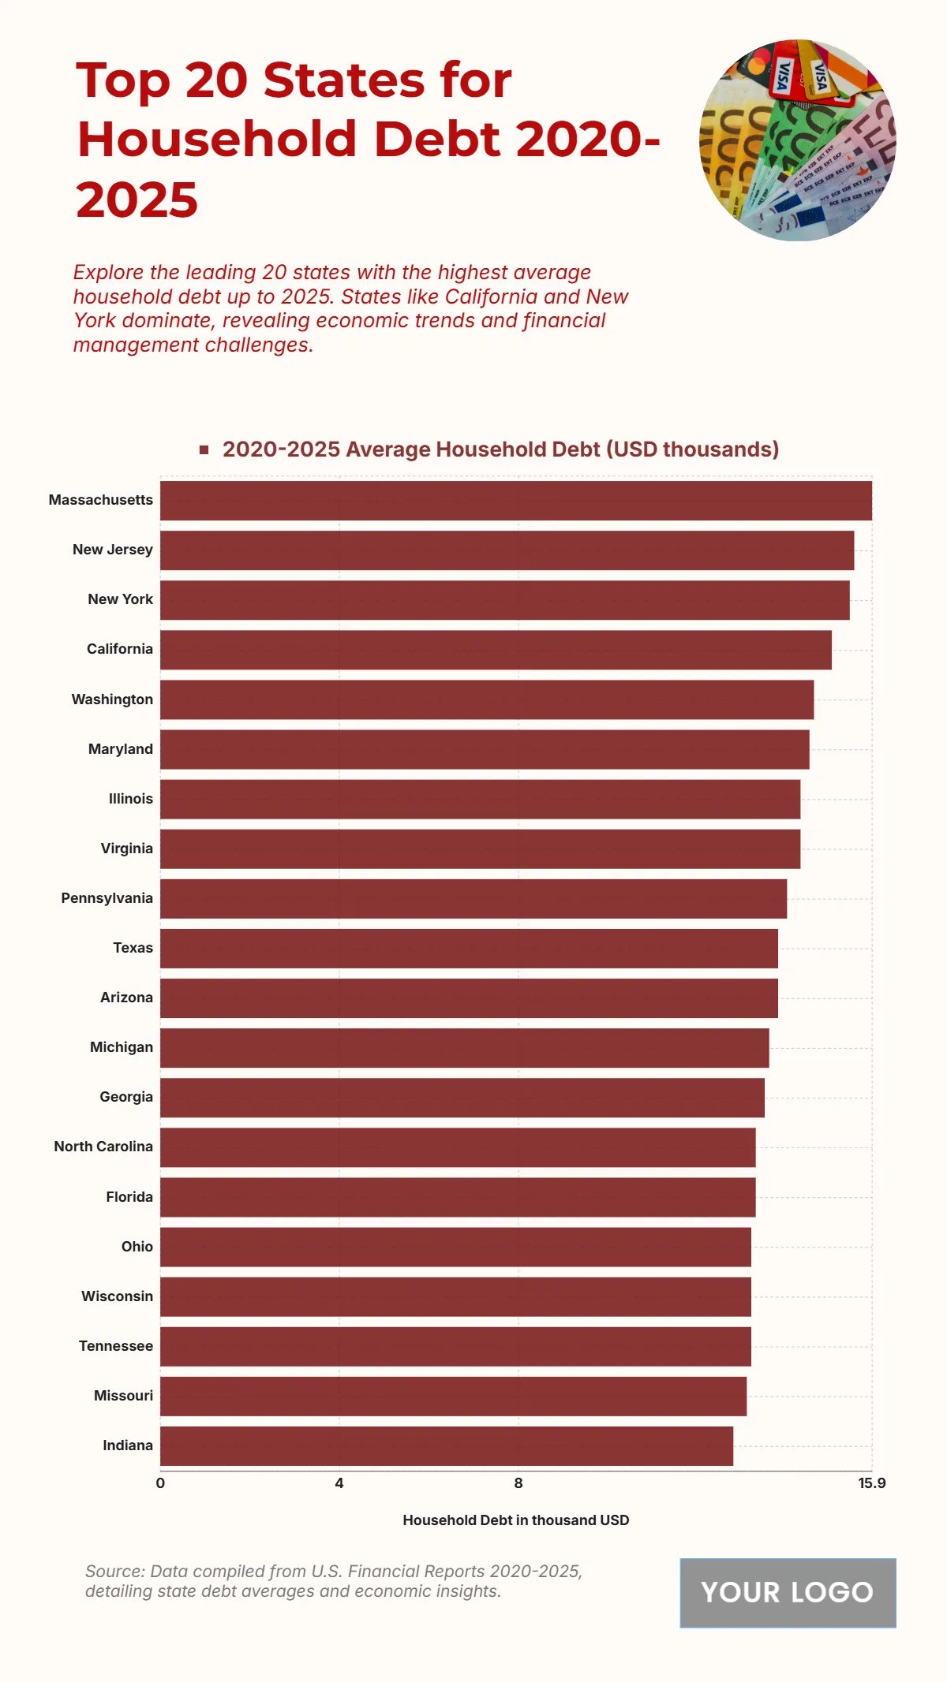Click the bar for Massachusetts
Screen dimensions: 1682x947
[x=516, y=501]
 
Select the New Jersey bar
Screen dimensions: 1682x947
[x=507, y=550]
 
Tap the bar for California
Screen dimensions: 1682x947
[x=496, y=650]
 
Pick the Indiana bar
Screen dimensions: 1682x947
[x=447, y=1446]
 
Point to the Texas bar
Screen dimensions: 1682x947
[x=469, y=949]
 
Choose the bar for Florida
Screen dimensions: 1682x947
[x=458, y=1197]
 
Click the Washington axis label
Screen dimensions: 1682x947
[x=112, y=699]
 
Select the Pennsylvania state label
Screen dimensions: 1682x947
[x=107, y=898]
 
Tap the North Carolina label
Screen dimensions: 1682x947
[x=103, y=1147]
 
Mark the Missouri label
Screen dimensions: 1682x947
[x=123, y=1396]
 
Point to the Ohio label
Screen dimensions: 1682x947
[x=137, y=1247]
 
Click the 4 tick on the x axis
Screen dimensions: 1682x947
[x=339, y=1483]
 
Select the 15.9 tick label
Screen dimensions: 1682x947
[x=871, y=1483]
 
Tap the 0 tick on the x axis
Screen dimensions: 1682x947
[x=160, y=1483]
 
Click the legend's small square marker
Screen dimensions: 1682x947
[x=204, y=449]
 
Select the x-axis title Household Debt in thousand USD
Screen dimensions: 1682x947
[x=516, y=1520]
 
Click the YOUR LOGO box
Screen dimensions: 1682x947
[x=788, y=1592]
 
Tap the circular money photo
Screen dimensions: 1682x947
[x=797, y=140]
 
